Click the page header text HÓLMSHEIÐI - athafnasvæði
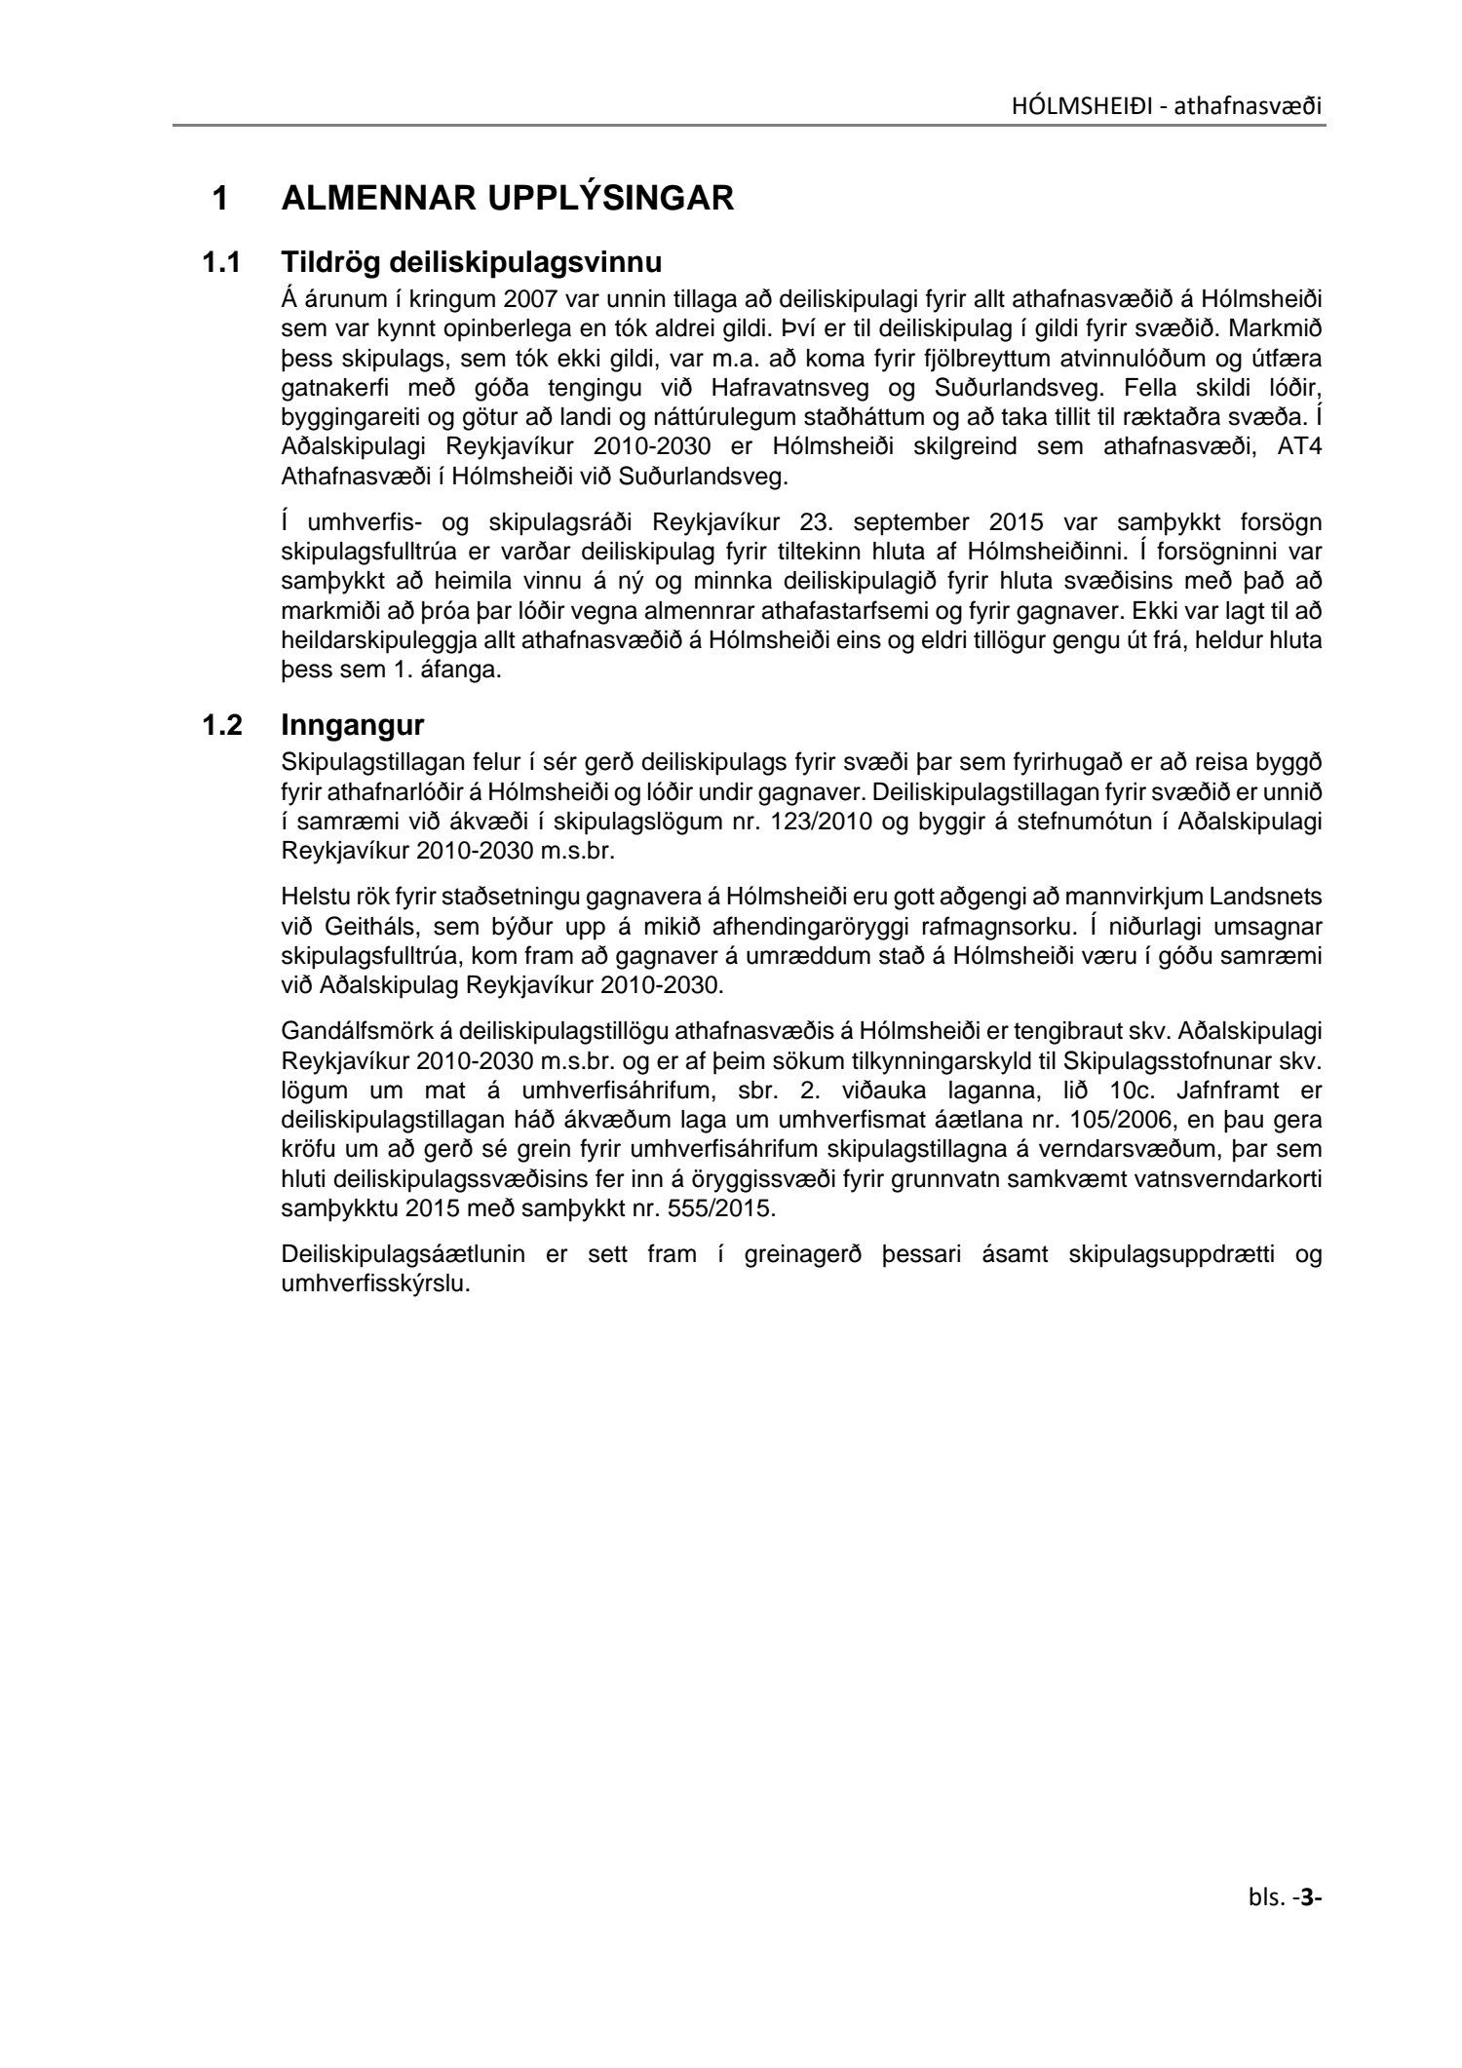(x=1168, y=105)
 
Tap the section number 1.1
(x=221, y=263)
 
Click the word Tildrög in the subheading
(x=331, y=263)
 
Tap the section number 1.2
(x=221, y=726)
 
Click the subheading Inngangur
(x=353, y=726)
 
